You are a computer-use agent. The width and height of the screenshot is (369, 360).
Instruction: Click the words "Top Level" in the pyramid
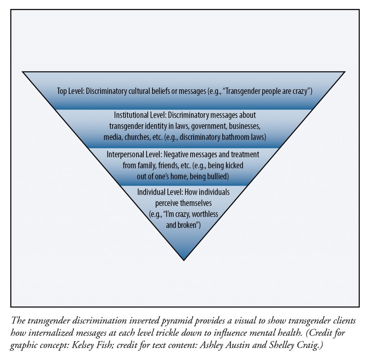click(x=70, y=91)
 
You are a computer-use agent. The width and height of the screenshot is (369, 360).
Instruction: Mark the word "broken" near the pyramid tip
click(x=188, y=225)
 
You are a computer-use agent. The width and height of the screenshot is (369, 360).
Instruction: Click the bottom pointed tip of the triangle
click(x=184, y=259)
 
